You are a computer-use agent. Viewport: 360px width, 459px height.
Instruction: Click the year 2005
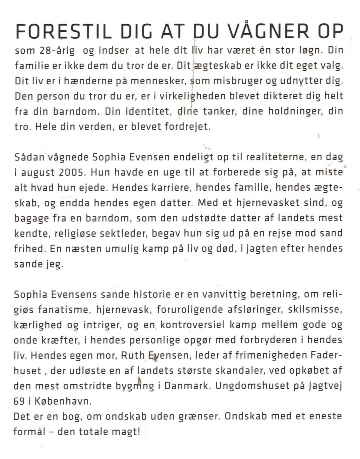[73, 172]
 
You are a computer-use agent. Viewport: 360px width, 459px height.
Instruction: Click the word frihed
[27, 249]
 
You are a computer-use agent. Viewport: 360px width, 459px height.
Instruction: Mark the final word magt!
[126, 432]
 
